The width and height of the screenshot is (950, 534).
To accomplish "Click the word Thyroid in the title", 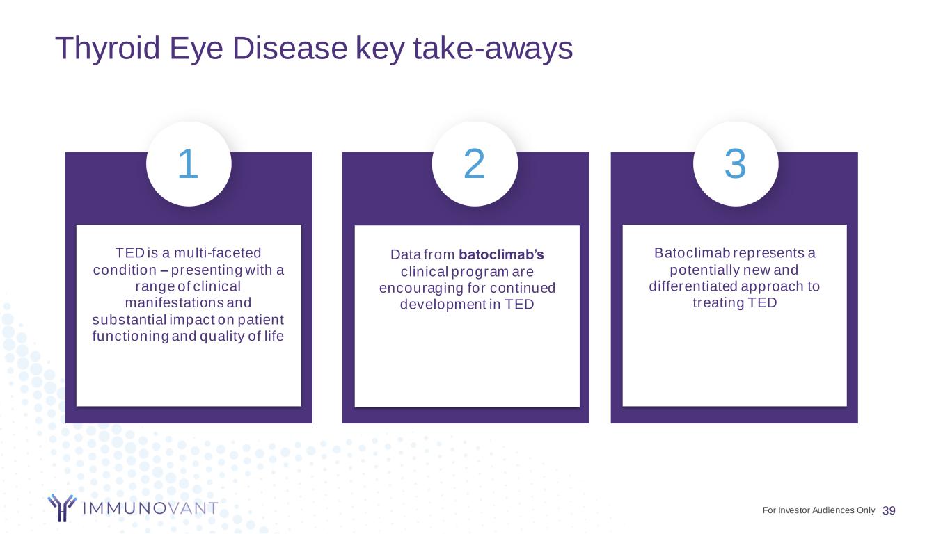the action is pos(108,49).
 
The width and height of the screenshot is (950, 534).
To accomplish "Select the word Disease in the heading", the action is pos(290,48).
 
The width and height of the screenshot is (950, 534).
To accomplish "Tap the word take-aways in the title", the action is pos(493,48).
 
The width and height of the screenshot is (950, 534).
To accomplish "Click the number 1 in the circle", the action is pos(189,163).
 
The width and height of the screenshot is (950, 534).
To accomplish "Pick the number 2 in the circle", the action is pos(474,163).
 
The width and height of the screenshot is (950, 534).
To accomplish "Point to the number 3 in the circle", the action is pos(736,163).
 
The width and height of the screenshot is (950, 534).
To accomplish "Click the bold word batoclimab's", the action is pos(501,254).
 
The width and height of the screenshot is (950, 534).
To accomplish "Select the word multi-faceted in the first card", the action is pos(218,252).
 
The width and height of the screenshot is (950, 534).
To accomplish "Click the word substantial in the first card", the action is pos(129,320).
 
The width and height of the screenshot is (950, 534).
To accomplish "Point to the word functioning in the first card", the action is pos(131,336).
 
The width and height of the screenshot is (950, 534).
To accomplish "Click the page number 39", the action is pos(889,510).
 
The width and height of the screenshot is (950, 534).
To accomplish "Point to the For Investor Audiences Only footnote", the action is pos(818,510).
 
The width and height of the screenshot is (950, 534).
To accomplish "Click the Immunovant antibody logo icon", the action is pos(62,508).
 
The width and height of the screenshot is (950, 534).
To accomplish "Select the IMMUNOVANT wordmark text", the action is pos(150,508).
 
